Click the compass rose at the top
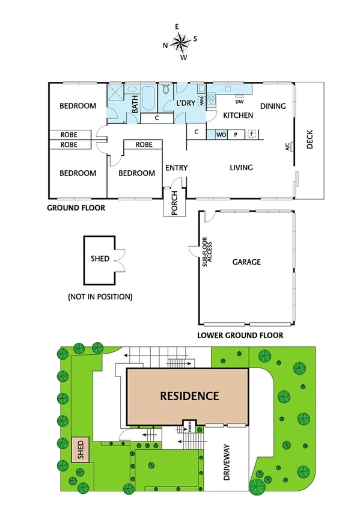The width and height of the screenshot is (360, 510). click(180, 41)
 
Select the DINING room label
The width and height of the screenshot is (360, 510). click(273, 106)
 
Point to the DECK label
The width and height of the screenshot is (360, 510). click(310, 140)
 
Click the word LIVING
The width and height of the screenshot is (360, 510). click(241, 168)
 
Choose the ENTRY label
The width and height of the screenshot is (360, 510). click(176, 168)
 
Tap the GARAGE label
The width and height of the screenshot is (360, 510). click(246, 262)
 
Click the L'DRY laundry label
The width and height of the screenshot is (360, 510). click(186, 103)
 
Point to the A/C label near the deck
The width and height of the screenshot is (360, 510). click(288, 146)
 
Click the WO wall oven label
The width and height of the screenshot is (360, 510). click(221, 134)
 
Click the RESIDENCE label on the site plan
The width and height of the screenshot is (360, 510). click(189, 396)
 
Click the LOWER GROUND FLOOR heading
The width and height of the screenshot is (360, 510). click(240, 336)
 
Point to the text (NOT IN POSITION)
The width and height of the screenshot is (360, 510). click(100, 296)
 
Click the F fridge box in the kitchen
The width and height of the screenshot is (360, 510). click(252, 134)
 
